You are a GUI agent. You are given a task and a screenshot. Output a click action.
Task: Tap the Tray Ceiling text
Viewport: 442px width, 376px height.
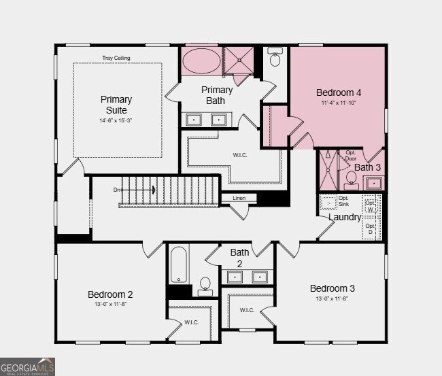click(116, 58)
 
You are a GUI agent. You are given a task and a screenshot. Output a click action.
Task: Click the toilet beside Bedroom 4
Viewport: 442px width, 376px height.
click(275, 59)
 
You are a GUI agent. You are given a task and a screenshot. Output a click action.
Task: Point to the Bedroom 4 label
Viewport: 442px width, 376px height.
click(339, 92)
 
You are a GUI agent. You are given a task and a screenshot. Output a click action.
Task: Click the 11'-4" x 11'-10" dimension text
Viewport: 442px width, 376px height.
click(339, 103)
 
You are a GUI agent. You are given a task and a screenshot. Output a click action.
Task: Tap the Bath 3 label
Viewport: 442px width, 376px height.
click(368, 167)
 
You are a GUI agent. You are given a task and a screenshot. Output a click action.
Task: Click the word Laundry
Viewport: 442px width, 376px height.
click(345, 217)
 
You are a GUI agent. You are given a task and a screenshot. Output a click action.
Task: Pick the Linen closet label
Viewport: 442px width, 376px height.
click(239, 199)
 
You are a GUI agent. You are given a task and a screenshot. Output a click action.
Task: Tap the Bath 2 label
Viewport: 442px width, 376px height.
click(239, 258)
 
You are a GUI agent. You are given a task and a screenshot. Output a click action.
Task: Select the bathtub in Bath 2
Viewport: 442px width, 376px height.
click(179, 264)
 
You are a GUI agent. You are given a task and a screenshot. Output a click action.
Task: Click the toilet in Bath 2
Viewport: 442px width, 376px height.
click(205, 286)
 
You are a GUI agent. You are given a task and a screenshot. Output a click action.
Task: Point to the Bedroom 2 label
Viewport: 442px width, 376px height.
click(110, 294)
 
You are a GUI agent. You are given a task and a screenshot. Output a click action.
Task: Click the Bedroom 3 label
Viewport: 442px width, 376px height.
click(333, 288)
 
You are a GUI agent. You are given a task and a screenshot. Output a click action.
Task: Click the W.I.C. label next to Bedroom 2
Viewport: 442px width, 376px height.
click(192, 322)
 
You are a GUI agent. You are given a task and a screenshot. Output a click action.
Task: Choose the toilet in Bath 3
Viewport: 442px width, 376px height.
click(352, 179)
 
